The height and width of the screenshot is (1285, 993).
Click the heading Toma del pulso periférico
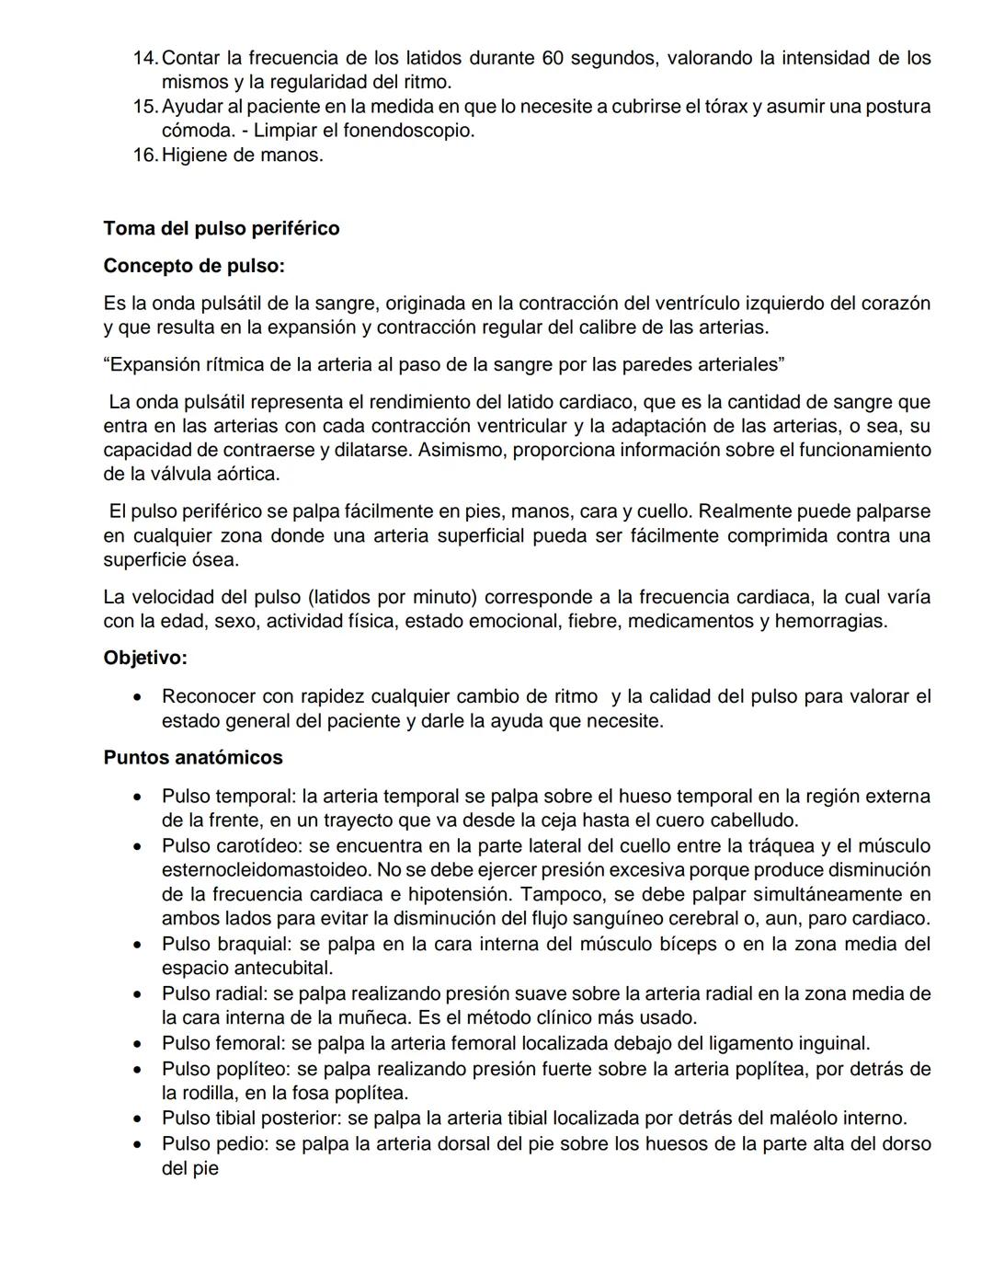coord(221,228)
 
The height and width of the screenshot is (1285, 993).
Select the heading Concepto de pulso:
coord(194,266)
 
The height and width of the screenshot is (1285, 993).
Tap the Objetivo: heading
coord(145,658)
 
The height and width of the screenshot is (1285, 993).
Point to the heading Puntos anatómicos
coord(193,758)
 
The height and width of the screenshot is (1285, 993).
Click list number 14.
coord(145,58)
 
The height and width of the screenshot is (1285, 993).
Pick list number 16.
coord(145,155)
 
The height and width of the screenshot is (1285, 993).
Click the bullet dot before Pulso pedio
coord(137,1145)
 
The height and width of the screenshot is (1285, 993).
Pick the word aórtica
coord(248,475)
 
